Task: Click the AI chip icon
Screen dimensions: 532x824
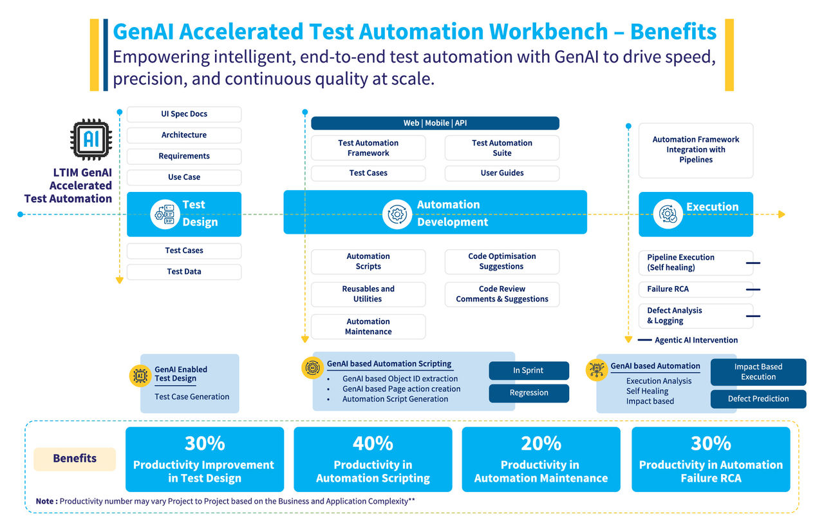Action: pos(90,139)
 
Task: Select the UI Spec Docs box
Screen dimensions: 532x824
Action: pos(184,114)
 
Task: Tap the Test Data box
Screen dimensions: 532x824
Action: pos(184,272)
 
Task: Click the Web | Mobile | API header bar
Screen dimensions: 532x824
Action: pos(435,123)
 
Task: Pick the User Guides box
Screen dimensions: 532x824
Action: pos(501,173)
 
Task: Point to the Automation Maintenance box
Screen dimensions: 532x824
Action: pos(368,327)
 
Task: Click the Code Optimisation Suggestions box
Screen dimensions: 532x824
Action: pos(501,261)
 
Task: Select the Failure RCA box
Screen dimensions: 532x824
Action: pos(695,289)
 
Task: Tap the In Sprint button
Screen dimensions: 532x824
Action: pos(529,370)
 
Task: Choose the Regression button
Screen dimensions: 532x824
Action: pos(529,393)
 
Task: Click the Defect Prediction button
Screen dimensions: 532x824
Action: pos(758,399)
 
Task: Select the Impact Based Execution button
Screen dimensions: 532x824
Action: pos(758,372)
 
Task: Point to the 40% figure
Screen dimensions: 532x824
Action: pos(373,443)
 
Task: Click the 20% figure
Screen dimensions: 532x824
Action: pos(541,443)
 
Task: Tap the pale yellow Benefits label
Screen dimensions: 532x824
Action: pos(75,459)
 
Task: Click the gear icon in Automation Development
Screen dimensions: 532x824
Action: pos(397,214)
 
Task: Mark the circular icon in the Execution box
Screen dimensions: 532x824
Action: pos(668,214)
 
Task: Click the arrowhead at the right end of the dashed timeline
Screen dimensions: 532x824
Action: pos(782,214)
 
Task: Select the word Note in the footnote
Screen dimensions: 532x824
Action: pos(45,501)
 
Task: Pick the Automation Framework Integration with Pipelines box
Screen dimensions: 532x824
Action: pos(695,150)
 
